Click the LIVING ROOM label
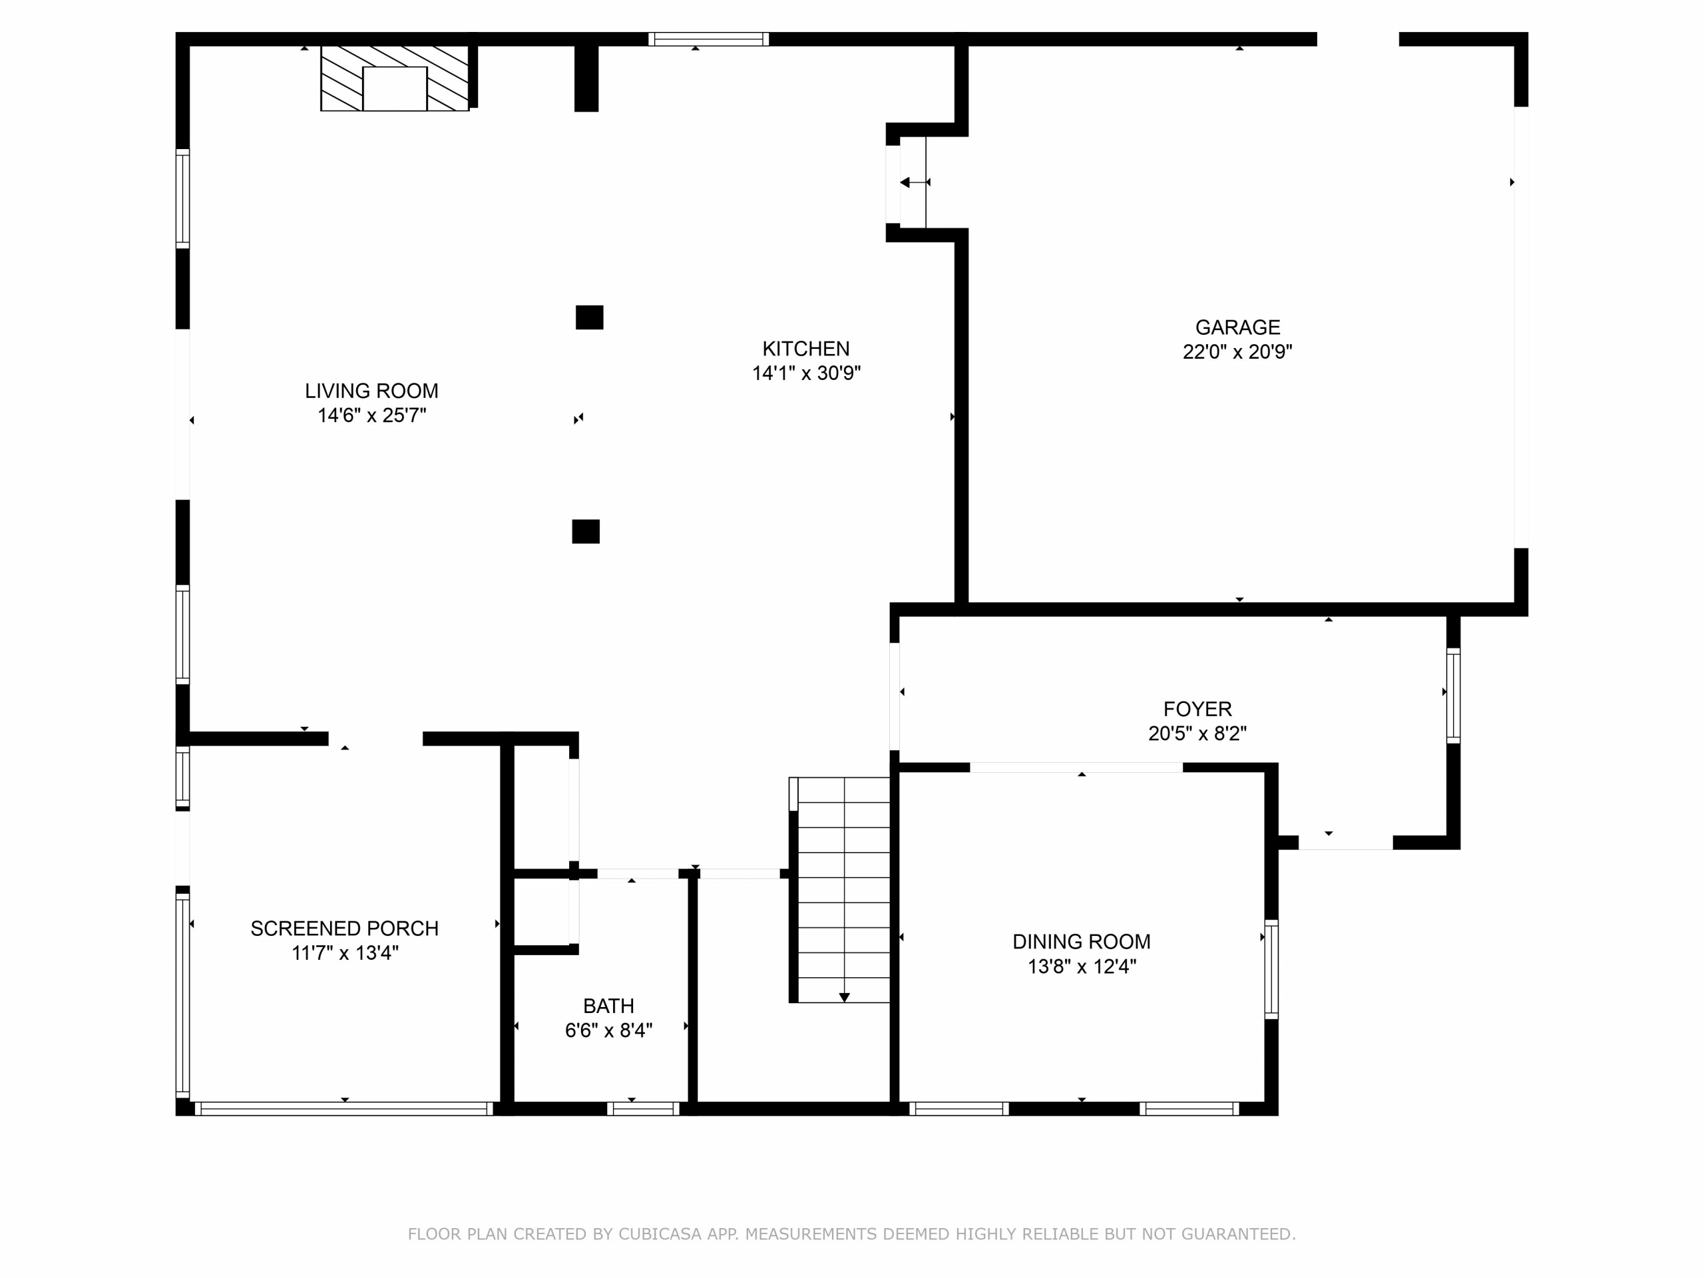371,391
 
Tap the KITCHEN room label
806,348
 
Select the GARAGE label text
1237,327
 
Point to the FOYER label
1197,709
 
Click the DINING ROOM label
1082,941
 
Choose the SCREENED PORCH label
344,929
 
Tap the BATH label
608,1005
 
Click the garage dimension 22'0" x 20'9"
1237,352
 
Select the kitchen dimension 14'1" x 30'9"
806,373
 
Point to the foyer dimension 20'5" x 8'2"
1197,734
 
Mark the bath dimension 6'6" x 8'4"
608,1030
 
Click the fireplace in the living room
395,79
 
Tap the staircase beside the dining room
839,890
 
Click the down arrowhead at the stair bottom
844,998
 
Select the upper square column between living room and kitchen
589,318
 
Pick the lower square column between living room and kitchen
586,532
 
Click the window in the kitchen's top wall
709,39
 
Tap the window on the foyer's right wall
1453,696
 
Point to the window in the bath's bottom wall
643,1108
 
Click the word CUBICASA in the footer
660,1234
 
